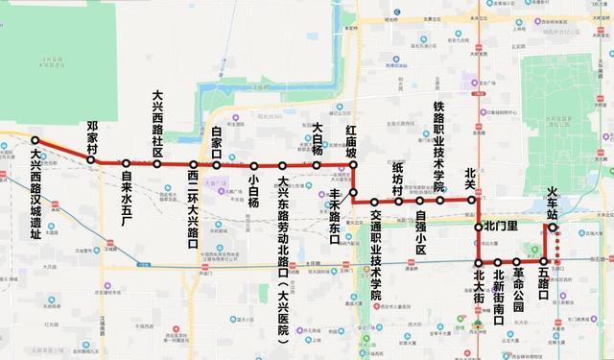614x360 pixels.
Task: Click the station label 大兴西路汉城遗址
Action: pos(35,193)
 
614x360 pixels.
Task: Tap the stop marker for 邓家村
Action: pos(93,160)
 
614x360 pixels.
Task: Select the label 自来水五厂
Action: pos(126,197)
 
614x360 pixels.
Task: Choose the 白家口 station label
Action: pos(217,143)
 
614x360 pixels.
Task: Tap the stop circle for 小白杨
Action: pos(253,165)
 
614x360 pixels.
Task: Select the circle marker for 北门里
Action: pos(479,227)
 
